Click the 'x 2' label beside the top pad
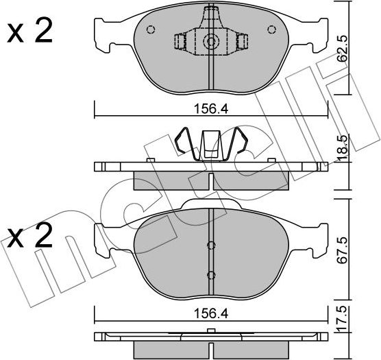click(29, 32)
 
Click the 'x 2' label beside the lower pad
click(29, 239)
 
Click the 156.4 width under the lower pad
click(211, 310)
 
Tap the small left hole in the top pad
click(151, 29)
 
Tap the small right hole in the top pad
click(271, 29)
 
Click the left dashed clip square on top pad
click(181, 43)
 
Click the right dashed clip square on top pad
click(241, 43)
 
